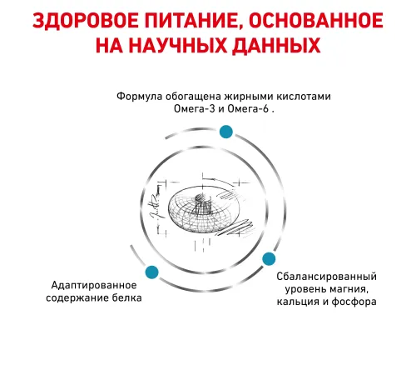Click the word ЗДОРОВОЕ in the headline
coord(86,21)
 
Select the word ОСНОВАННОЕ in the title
coord(316,21)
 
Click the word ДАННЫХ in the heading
coord(276,46)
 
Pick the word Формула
coord(139,97)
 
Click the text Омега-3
coord(195,108)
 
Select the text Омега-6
coord(248,108)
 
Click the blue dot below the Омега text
coord(226,132)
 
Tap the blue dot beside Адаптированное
coord(151,272)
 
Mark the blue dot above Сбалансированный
coord(269,259)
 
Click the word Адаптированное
coord(94,285)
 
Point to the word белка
coord(127,297)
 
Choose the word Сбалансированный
coord(327,277)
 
